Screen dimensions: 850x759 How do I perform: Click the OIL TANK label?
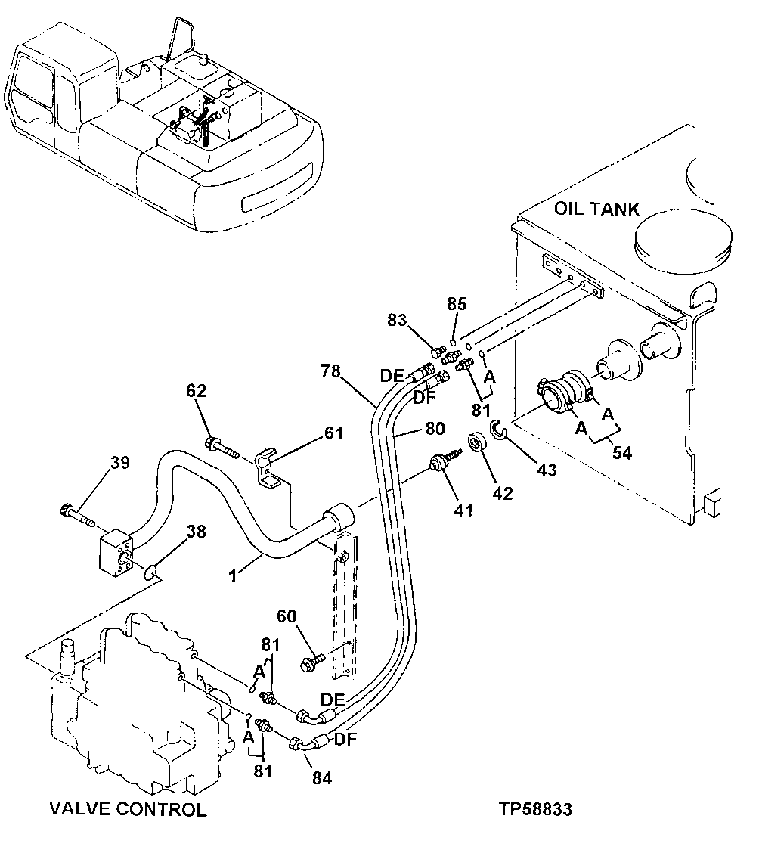pos(596,209)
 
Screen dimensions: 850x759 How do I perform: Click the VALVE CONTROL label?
pos(127,809)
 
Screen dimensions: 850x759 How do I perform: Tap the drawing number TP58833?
pos(534,809)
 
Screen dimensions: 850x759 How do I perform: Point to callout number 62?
pos(196,391)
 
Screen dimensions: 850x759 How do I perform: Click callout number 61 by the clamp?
pos(333,433)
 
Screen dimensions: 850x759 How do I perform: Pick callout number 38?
pos(196,532)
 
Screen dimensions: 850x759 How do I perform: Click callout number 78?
pos(330,371)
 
